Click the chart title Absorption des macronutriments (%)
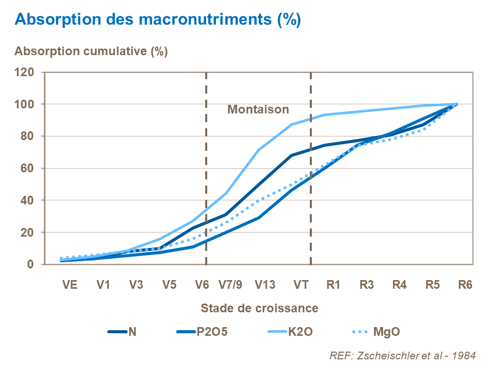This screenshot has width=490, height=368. (x=158, y=19)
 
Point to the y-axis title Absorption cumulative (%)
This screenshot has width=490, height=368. (x=91, y=51)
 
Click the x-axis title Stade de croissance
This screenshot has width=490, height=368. (x=259, y=308)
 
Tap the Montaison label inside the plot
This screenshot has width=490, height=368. (x=258, y=109)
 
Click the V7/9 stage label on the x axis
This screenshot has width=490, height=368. (x=231, y=285)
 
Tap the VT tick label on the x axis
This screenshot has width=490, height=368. (x=301, y=285)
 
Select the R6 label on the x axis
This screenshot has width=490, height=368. (x=465, y=285)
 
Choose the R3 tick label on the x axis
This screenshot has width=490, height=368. (x=366, y=285)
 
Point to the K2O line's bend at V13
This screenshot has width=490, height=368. (x=259, y=150)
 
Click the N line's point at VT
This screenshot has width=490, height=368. (x=291, y=155)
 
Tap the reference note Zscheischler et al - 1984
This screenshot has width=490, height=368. (x=403, y=355)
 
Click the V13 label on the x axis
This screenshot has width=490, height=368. (x=265, y=285)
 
